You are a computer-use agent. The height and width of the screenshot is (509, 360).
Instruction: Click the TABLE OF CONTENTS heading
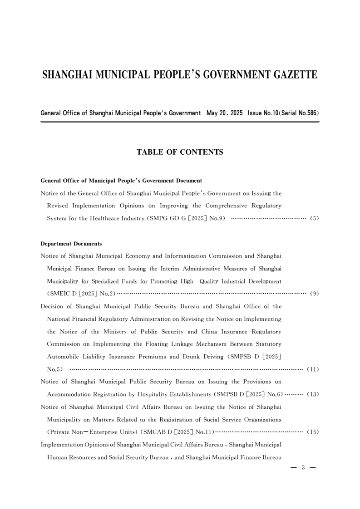click(x=180, y=152)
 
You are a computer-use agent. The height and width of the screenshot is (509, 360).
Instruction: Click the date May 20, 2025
click(x=224, y=112)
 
